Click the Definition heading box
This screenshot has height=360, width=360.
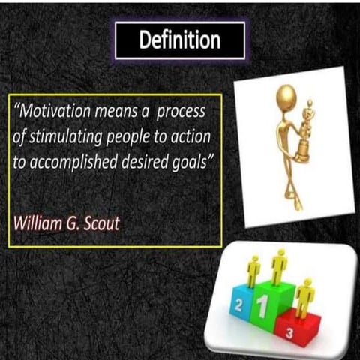(180, 40)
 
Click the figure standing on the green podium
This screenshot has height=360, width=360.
(279, 266)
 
